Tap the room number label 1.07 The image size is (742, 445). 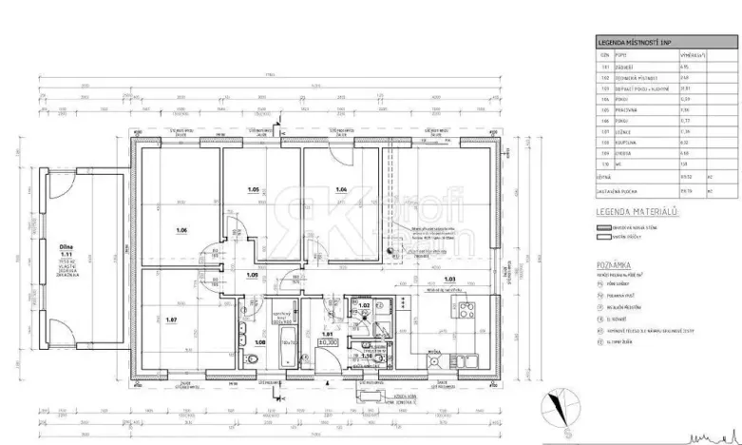coord(172,319)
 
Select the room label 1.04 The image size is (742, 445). coord(341,188)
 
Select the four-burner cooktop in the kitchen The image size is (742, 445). coord(466,309)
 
